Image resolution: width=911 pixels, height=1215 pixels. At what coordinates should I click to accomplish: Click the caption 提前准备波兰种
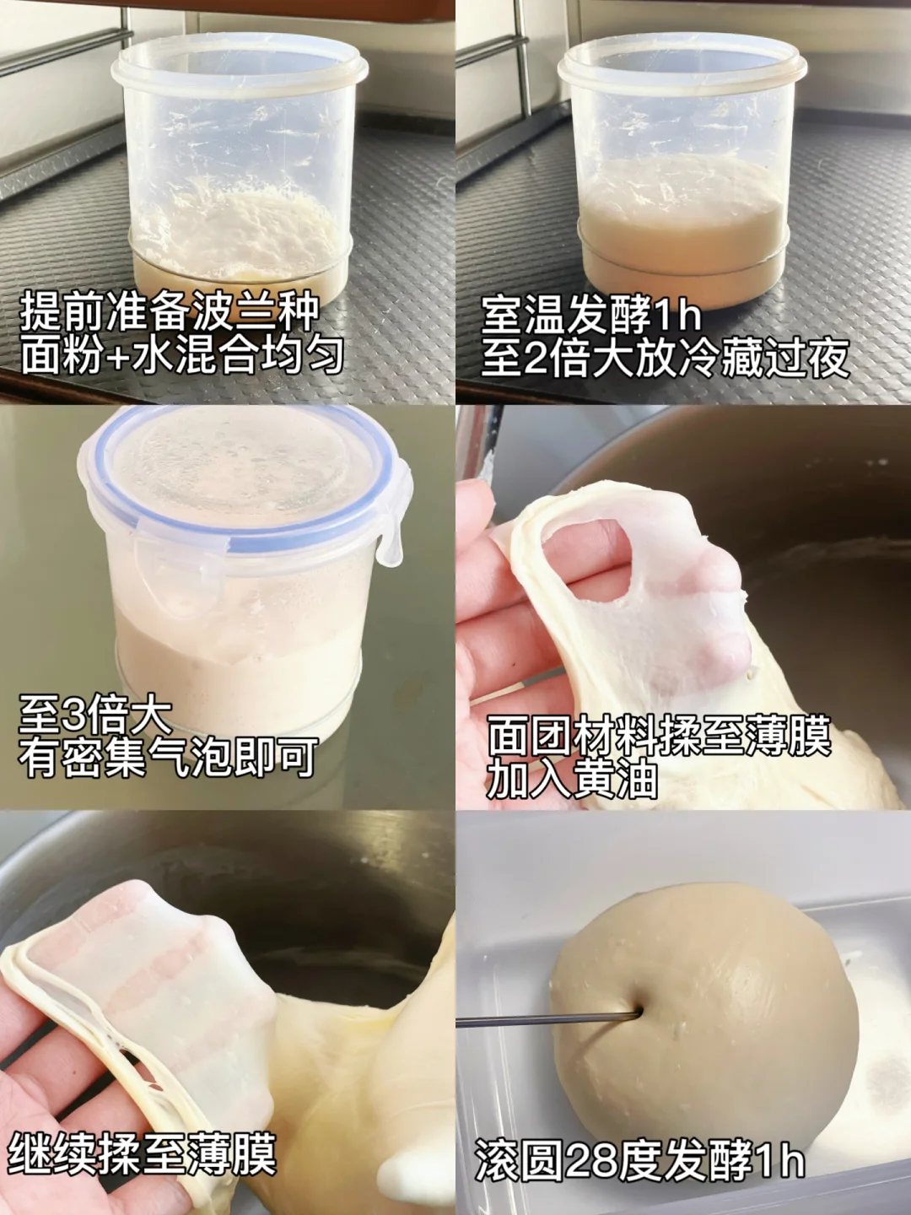pos(170,315)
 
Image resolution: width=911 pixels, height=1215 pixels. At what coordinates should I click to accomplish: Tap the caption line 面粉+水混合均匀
pos(182,355)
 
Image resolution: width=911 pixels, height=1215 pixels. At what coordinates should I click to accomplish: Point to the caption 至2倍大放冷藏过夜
pos(665,358)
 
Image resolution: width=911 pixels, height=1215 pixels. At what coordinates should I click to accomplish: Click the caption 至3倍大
pos(95,715)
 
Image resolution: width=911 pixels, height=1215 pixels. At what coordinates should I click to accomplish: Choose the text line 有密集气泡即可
pos(168,757)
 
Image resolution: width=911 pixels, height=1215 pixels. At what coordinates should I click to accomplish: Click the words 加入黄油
pos(572,779)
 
